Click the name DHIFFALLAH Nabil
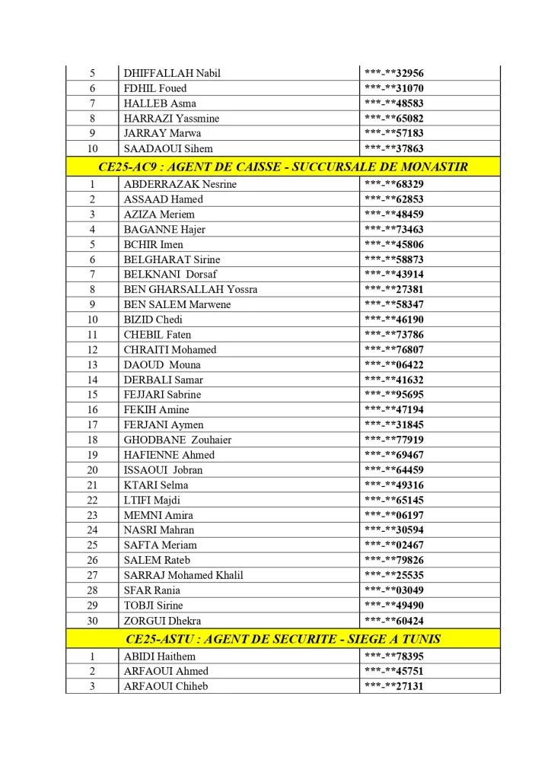172,74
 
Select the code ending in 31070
394,88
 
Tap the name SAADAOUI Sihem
168,149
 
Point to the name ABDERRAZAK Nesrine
180,184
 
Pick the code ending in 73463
394,230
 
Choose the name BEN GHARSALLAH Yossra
190,290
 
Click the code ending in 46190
394,320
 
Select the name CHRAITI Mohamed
170,350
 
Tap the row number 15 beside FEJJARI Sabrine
92,395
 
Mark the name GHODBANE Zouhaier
177,440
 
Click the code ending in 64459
394,470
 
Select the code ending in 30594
394,530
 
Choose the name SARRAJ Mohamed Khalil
183,575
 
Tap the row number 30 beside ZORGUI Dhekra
92,621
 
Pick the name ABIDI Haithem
159,657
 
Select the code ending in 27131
394,686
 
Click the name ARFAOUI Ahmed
166,671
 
